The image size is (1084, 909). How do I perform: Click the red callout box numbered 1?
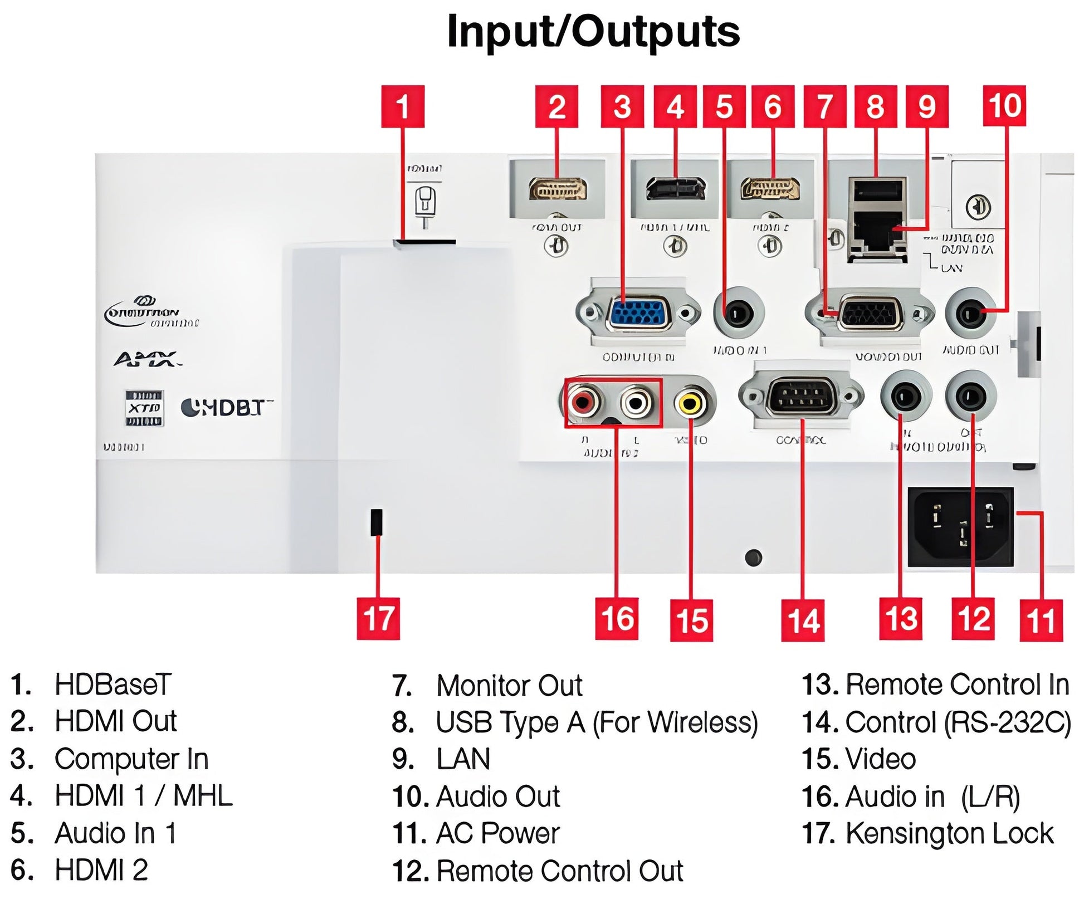[402, 106]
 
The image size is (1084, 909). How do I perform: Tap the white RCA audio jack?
[635, 402]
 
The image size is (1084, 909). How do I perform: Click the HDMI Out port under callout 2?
[558, 189]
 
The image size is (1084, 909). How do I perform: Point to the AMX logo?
[147, 359]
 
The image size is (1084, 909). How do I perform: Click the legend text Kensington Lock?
[949, 834]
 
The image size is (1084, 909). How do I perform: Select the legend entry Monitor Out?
[509, 685]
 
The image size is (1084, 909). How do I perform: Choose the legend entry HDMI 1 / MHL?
[143, 796]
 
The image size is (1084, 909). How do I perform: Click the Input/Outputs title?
[593, 32]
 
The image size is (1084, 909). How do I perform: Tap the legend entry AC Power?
[497, 834]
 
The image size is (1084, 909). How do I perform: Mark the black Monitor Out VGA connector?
[870, 315]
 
